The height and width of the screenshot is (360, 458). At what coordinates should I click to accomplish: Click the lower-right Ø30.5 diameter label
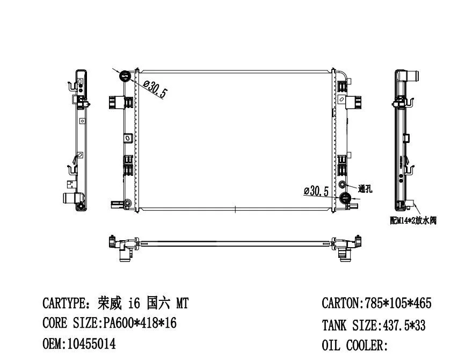tap(316, 191)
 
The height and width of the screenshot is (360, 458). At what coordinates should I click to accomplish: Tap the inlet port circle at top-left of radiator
tap(125, 75)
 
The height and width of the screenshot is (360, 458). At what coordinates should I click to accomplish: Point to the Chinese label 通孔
tap(366, 189)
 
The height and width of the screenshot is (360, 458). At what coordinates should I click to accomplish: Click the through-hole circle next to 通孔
tap(343, 185)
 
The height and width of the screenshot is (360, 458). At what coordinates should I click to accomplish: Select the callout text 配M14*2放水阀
tap(413, 220)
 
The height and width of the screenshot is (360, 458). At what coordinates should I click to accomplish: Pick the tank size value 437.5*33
tap(403, 325)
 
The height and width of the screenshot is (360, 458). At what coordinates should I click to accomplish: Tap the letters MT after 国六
tap(183, 304)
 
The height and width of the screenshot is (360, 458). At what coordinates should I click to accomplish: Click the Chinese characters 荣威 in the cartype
tap(111, 304)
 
